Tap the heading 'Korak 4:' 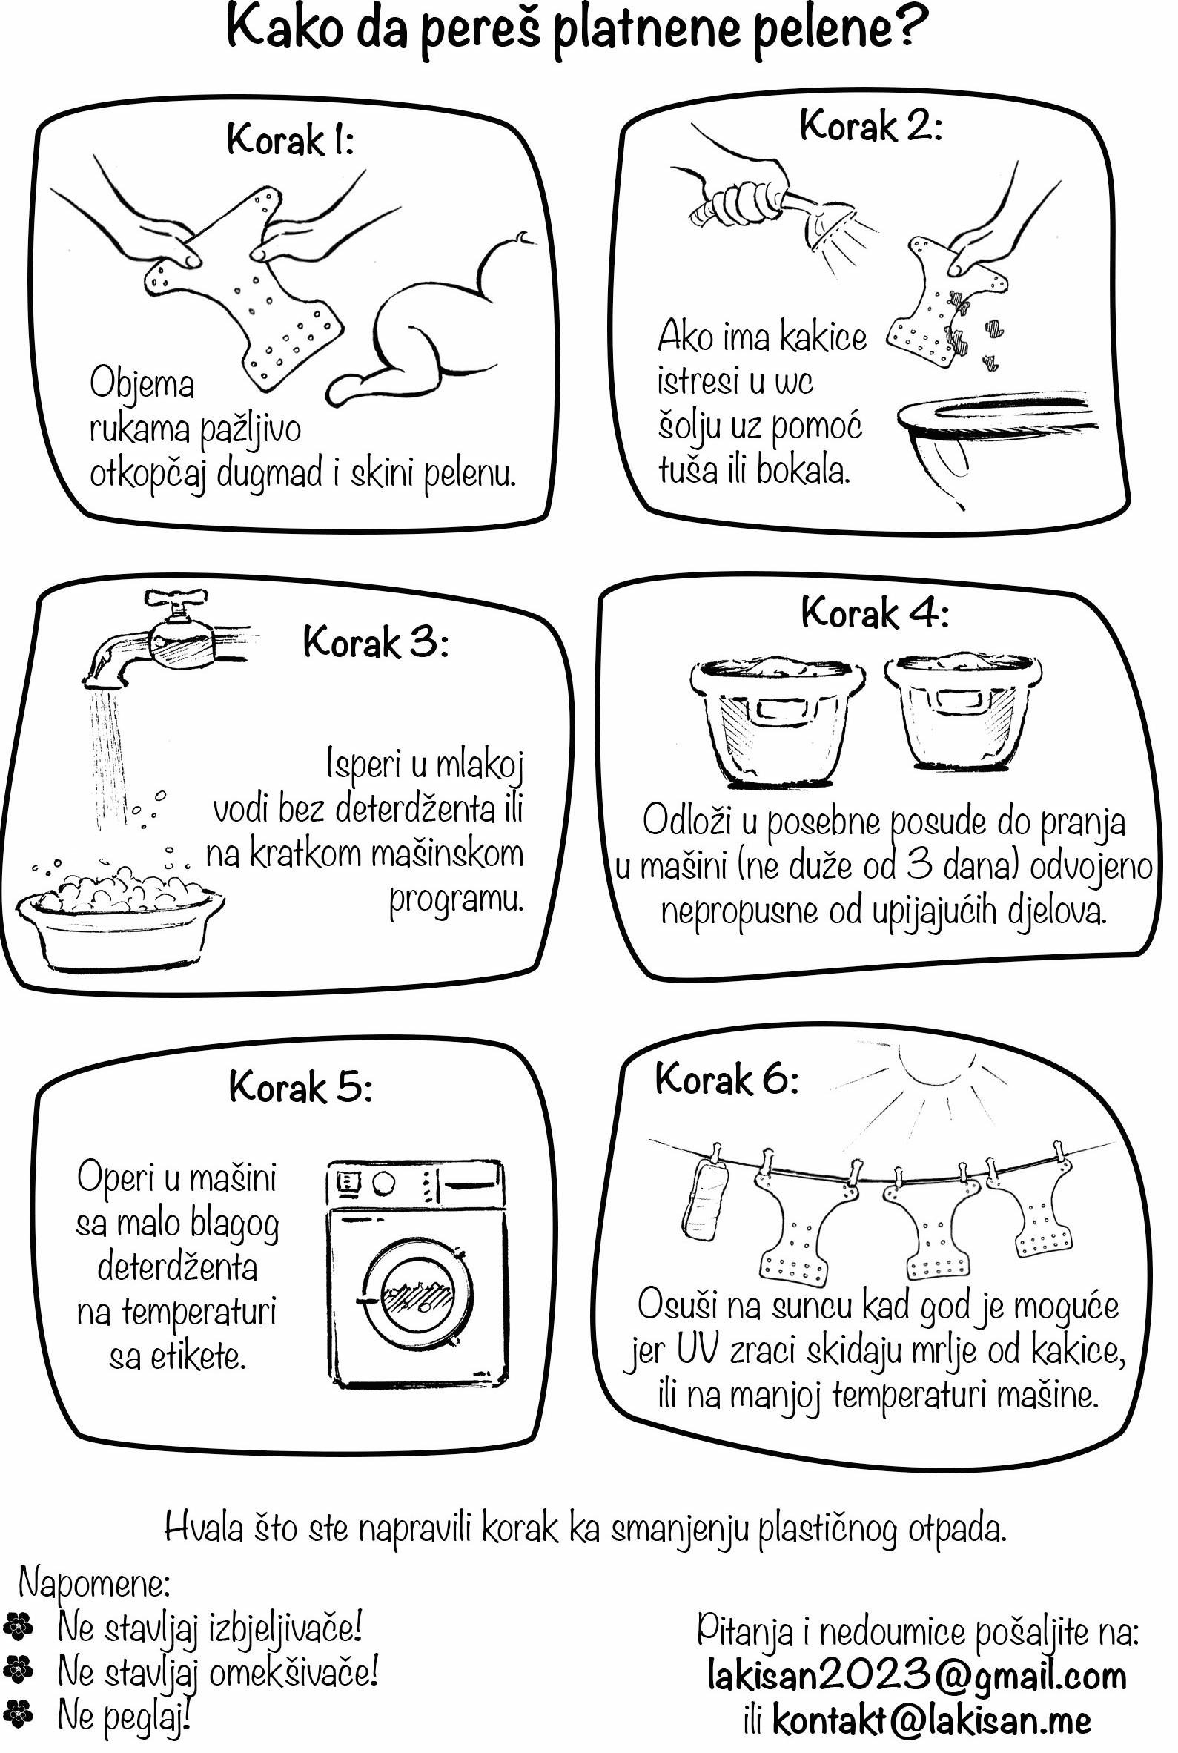click(876, 613)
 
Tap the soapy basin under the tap click(120, 917)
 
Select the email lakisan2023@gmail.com click(916, 1675)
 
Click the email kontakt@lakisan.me click(932, 1720)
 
